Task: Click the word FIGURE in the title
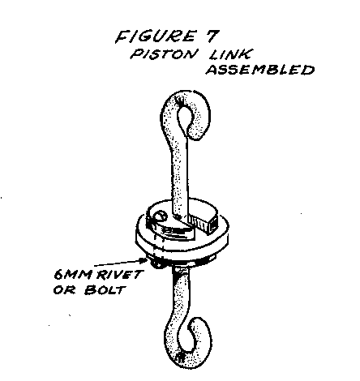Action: (156, 36)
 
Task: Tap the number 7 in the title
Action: (211, 36)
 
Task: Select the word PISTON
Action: (162, 54)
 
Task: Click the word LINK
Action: (230, 54)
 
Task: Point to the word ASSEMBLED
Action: (260, 70)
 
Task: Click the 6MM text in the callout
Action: (72, 275)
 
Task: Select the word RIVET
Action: (119, 275)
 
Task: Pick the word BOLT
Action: (105, 290)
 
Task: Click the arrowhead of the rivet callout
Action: (144, 261)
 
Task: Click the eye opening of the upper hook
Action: (186, 118)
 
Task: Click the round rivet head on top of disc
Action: (160, 216)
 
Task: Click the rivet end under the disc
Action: (156, 263)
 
